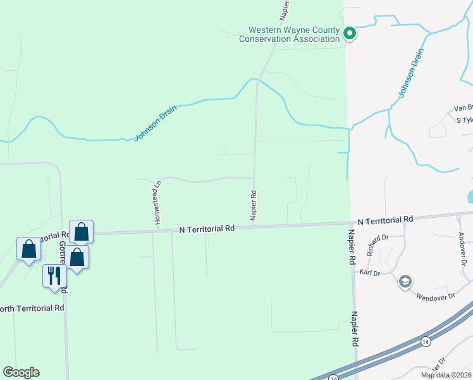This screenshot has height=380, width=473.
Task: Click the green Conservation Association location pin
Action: pos(349,33)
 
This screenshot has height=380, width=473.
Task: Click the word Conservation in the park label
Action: pos(267,39)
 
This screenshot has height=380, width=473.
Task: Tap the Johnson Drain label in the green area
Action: pos(155,123)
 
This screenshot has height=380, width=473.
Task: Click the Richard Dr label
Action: pos(376,246)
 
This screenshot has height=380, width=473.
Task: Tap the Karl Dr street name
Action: pos(369,273)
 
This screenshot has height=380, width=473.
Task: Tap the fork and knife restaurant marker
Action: pos(54,276)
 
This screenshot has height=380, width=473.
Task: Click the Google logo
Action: pos(21,372)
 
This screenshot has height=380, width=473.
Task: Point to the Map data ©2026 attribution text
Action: pos(446,375)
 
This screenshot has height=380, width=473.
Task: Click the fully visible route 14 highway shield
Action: pos(426,341)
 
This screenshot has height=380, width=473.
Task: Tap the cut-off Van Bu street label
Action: pos(463,109)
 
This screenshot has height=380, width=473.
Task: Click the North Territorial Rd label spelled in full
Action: pos(32,308)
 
